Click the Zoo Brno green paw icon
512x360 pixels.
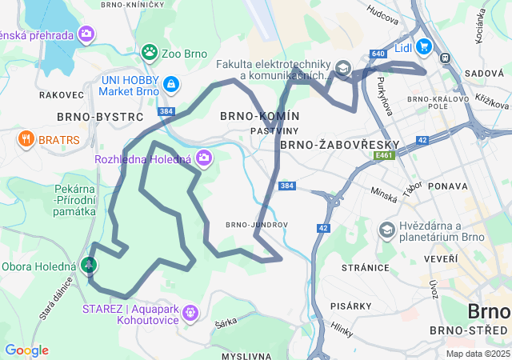tap(149, 53)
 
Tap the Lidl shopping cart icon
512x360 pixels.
tap(423, 47)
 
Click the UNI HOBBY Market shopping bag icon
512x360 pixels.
tap(170, 83)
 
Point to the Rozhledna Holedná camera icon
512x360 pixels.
tap(205, 158)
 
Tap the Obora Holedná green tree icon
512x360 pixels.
tap(90, 264)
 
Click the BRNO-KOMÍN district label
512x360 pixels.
tap(260, 117)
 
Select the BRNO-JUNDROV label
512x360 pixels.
tap(256, 225)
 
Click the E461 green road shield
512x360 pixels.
tap(384, 157)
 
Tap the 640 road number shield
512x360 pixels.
tap(378, 54)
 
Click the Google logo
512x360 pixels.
tap(26, 350)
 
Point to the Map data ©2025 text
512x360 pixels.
tap(477, 354)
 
